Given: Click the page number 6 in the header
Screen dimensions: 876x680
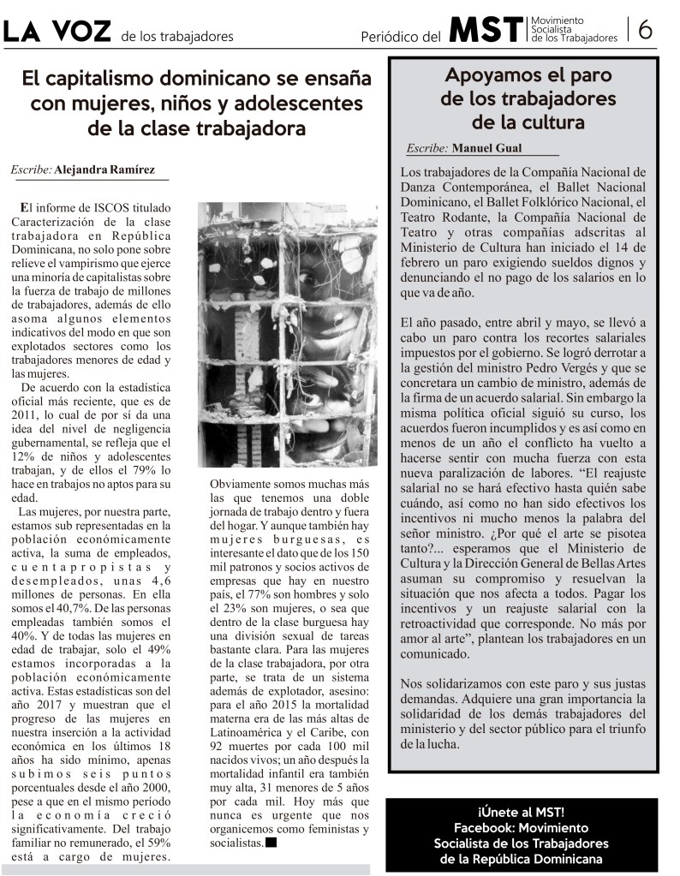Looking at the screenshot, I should click(646, 30).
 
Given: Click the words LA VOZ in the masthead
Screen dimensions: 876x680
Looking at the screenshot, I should click(57, 32).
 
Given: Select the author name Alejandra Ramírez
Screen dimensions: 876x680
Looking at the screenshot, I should click(104, 170).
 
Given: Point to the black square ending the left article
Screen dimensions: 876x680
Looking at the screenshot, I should click(271, 843).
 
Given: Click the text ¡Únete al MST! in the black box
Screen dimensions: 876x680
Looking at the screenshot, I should click(521, 812).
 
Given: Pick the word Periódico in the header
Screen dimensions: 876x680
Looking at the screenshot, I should click(391, 36).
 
